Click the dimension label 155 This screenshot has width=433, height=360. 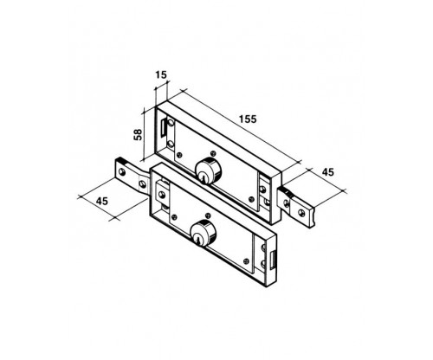[x=248, y=119]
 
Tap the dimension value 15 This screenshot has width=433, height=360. [x=161, y=75]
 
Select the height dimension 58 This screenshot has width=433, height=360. [x=139, y=135]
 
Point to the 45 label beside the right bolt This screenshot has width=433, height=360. [x=327, y=172]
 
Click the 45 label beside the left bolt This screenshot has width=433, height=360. [x=102, y=201]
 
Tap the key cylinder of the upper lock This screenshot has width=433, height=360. [x=209, y=170]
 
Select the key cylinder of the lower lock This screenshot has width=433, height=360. [x=204, y=233]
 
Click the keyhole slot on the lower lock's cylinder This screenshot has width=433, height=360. [x=198, y=240]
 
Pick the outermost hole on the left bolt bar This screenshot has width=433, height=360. [x=122, y=172]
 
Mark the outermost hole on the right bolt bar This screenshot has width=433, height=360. [x=301, y=213]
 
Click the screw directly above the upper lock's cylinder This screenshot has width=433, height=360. [x=213, y=153]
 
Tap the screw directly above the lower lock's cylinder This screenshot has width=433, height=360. [x=208, y=215]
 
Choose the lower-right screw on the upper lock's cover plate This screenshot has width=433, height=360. [x=252, y=199]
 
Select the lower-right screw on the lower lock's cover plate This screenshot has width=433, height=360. [x=246, y=261]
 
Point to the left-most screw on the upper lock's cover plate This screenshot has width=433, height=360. [x=179, y=155]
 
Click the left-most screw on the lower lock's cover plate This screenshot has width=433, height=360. [x=174, y=217]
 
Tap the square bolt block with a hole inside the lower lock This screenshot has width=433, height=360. [x=163, y=196]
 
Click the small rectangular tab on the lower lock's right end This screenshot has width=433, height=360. [x=273, y=259]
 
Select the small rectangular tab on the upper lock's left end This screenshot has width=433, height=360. [x=164, y=127]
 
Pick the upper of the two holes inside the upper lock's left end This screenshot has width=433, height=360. [x=171, y=123]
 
